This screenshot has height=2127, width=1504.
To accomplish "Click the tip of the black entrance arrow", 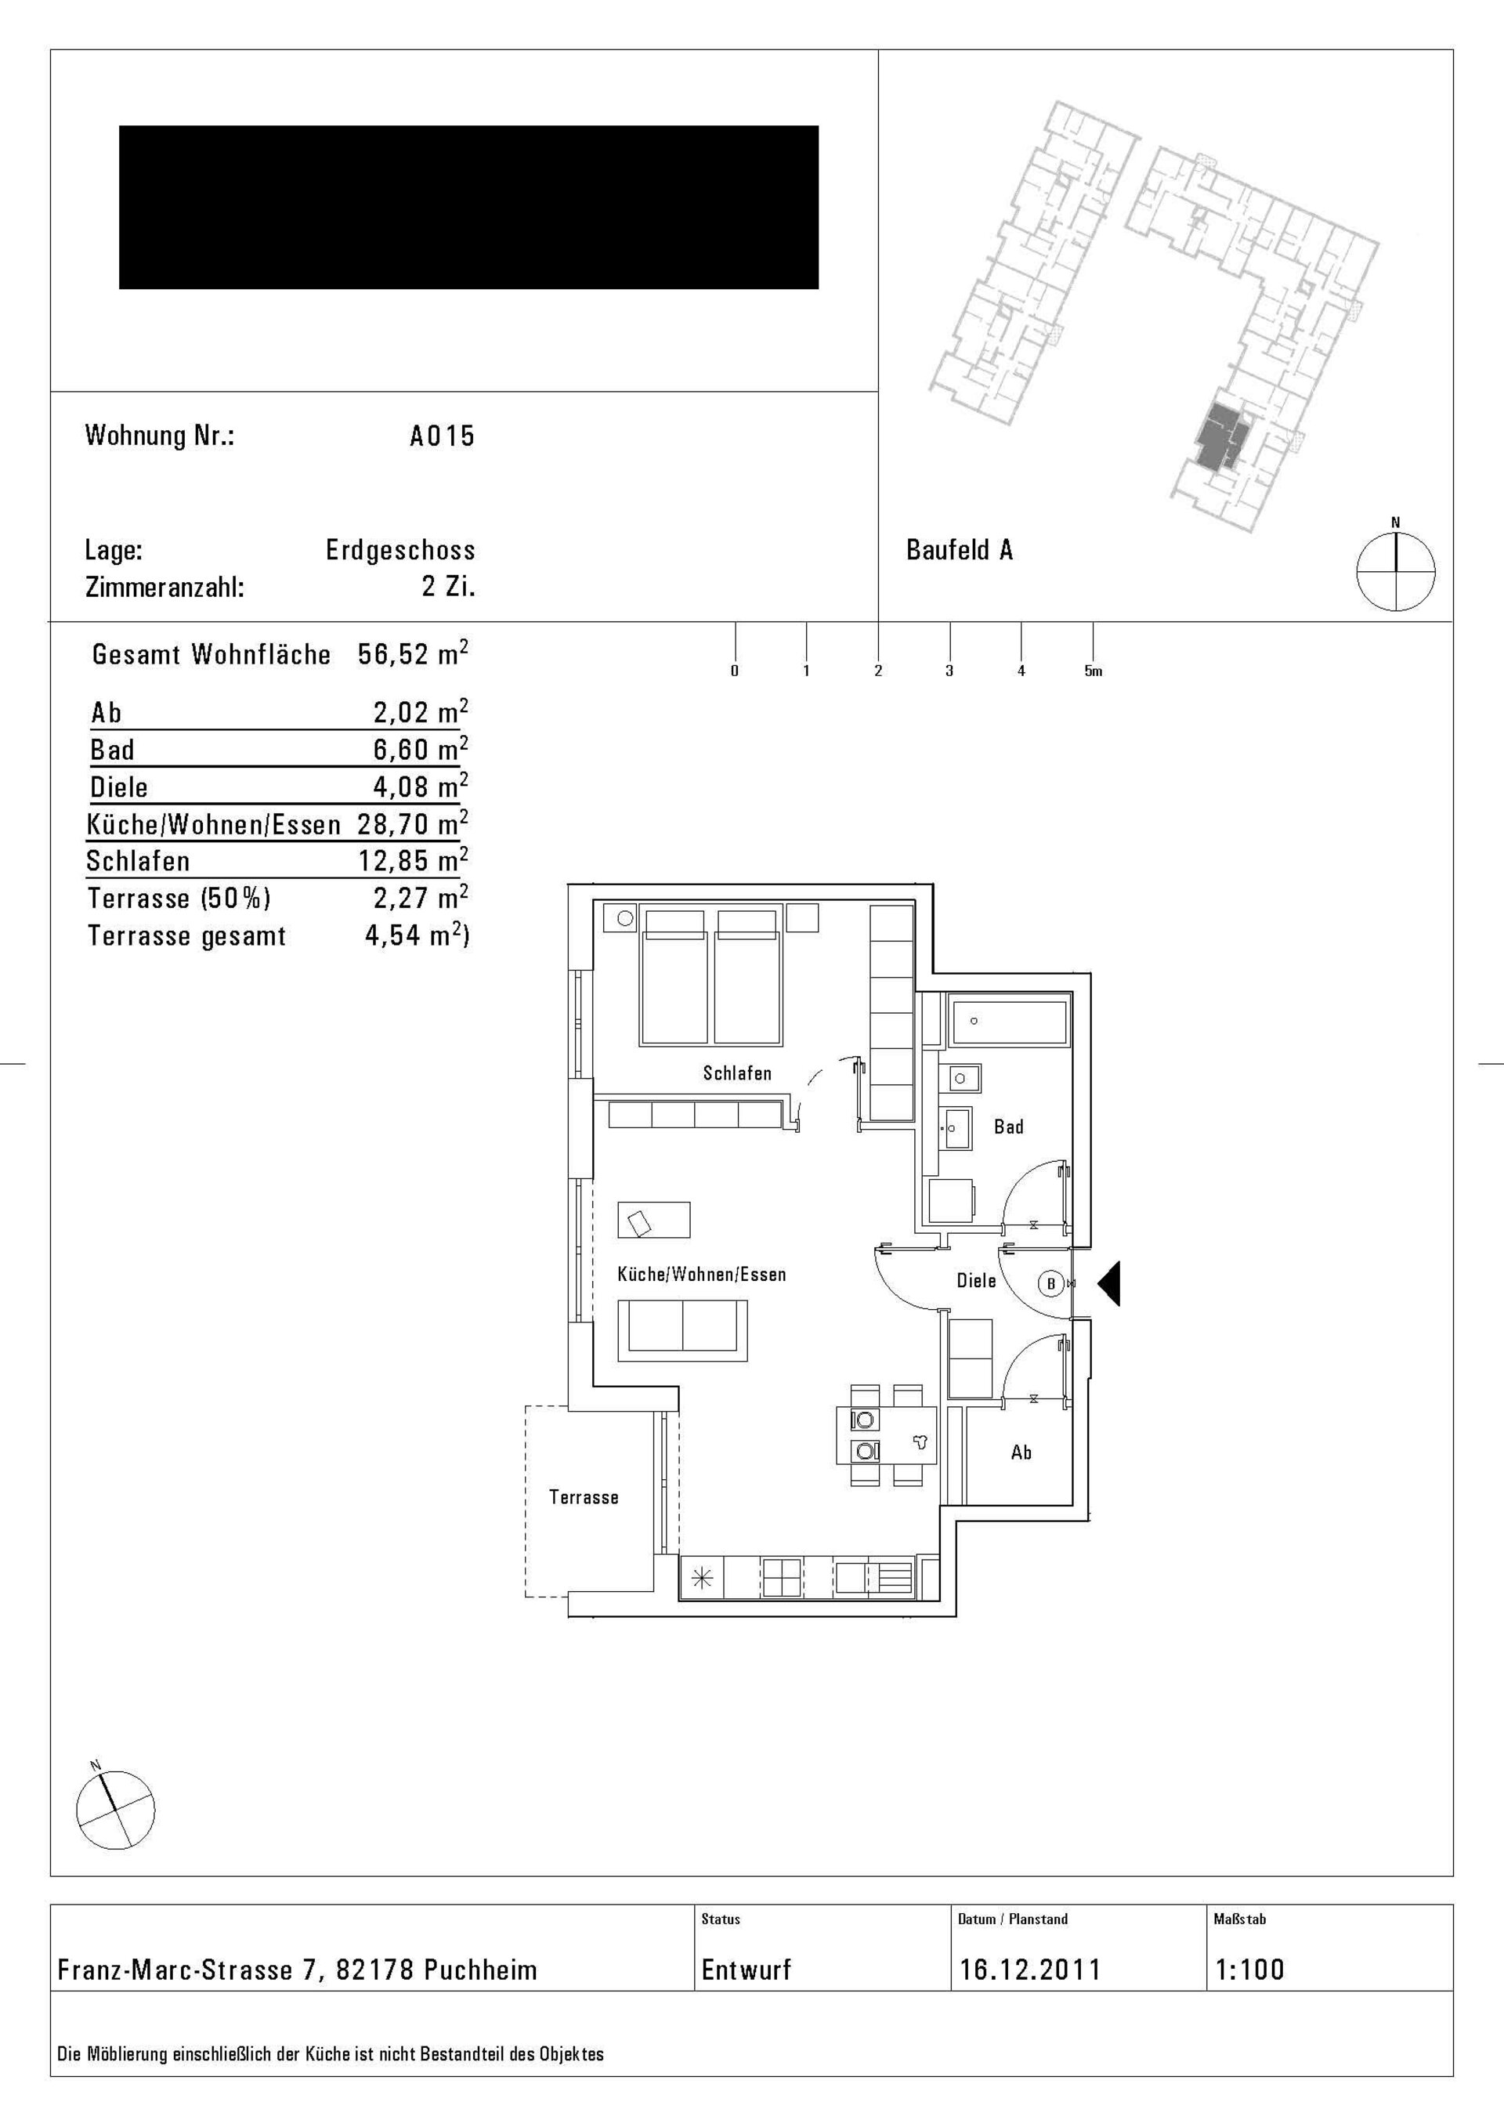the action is click(1098, 1283).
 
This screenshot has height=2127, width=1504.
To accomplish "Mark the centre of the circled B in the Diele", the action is click(1050, 1284).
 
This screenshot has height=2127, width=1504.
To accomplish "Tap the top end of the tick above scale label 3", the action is click(949, 623).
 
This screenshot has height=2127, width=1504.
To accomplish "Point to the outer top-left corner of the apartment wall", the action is click(568, 884).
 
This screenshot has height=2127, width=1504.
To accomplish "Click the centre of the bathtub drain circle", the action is click(974, 1021).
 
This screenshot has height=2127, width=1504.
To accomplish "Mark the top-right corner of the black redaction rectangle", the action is click(819, 126).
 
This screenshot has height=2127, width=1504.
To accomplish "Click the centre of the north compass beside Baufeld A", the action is click(1396, 572).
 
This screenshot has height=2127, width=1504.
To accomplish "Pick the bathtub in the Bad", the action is click(1007, 1021).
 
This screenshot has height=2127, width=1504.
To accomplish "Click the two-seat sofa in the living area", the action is click(682, 1329).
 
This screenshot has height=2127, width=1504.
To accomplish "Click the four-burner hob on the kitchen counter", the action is click(782, 1577).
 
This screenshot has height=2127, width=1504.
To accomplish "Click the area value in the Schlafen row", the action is click(413, 861).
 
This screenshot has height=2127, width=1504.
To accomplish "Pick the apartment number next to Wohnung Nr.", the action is click(443, 436).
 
